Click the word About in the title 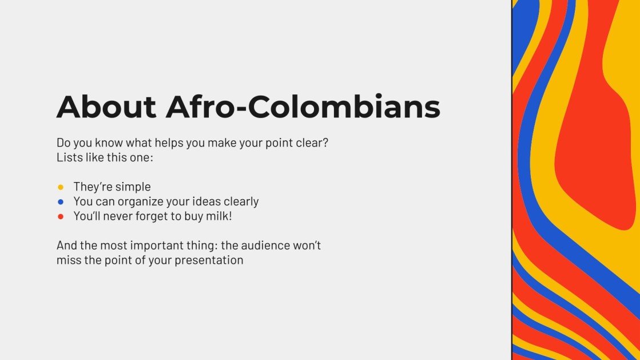[106, 107]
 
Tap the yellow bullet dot [61, 187]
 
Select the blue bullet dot [61, 202]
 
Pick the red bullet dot [61, 217]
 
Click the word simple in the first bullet [133, 187]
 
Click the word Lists [69, 157]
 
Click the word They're [93, 187]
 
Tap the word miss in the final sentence [67, 260]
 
